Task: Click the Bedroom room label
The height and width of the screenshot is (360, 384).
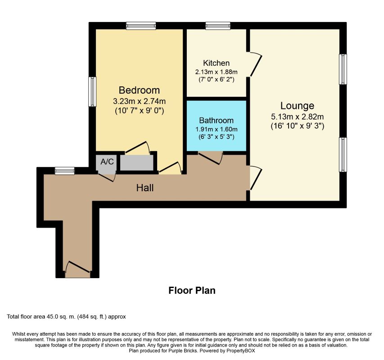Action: click(139, 90)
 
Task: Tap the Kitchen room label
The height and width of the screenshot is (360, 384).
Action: click(216, 63)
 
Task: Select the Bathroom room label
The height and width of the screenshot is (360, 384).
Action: click(216, 121)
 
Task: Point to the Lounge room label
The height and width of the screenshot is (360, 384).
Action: click(297, 106)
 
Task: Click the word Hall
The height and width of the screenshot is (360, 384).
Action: click(145, 188)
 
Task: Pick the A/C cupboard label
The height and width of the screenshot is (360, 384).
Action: click(107, 162)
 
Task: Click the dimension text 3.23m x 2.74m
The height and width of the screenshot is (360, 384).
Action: click(139, 101)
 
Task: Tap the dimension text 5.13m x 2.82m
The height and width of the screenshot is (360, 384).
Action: click(297, 117)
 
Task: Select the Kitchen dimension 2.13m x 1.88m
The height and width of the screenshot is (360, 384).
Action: click(216, 72)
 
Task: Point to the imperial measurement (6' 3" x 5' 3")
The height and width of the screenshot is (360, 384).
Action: click(216, 136)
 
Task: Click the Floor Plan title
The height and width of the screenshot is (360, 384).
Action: click(192, 291)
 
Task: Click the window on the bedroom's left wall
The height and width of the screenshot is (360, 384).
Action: click(92, 91)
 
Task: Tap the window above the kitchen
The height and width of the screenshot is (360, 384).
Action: click(218, 26)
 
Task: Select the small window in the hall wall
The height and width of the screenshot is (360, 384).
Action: click(64, 171)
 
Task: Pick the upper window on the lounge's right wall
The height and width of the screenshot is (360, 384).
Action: click(343, 69)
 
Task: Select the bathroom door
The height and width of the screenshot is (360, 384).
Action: click(211, 157)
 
